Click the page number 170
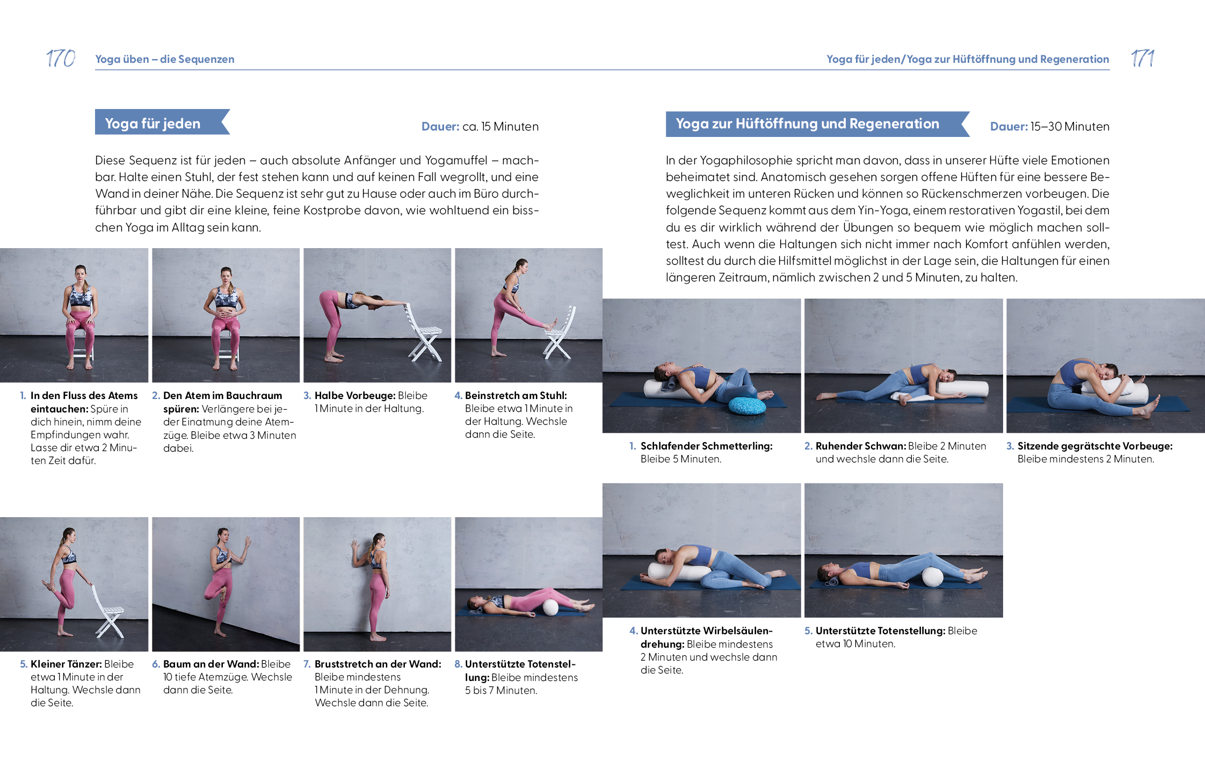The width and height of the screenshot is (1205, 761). pos(61,58)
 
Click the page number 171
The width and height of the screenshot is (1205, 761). pos(1142,58)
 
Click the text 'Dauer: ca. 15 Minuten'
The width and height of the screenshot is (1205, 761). pos(480,127)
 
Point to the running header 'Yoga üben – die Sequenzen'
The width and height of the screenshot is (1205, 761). pos(165,59)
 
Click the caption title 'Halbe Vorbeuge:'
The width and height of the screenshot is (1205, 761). pos(354,396)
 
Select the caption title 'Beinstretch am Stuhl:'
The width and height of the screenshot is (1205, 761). pos(516,396)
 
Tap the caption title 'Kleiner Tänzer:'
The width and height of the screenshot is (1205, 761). pos(66,664)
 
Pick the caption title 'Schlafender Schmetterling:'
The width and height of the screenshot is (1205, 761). pos(706,446)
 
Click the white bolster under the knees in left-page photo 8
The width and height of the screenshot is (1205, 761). pos(550,607)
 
